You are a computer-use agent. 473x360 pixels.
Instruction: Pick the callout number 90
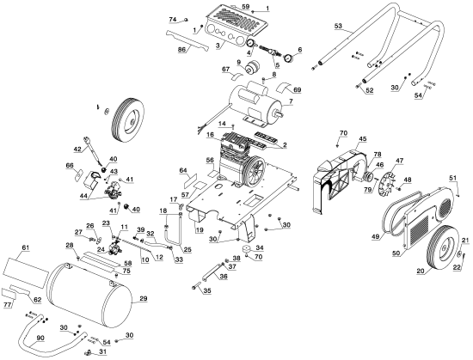pos(40,337)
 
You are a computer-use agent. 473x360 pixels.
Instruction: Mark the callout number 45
pos(362,137)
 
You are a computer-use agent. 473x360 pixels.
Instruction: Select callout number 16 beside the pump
pos(210,136)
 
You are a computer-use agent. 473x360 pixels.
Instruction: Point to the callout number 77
pos(8,304)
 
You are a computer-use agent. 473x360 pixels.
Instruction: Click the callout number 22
pos(458,267)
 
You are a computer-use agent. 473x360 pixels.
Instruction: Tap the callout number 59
pos(245,7)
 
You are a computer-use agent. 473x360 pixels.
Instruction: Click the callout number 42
pos(77,149)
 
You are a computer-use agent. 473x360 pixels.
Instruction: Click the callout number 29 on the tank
pos(143,297)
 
